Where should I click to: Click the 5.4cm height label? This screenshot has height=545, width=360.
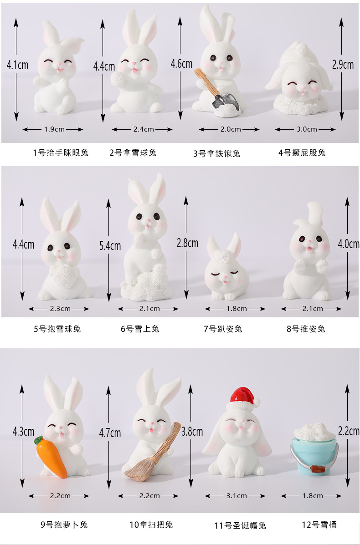(x=110, y=246)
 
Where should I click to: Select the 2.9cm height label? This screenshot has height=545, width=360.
(x=343, y=65)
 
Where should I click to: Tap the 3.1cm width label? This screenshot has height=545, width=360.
(x=236, y=496)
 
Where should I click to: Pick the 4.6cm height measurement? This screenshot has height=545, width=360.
(x=181, y=64)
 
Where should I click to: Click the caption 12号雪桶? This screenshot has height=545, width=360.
(x=319, y=525)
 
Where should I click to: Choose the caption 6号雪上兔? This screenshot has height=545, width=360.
(x=140, y=329)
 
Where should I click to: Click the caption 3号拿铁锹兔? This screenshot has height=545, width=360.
(x=216, y=153)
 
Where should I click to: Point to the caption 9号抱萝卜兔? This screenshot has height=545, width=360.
(x=64, y=525)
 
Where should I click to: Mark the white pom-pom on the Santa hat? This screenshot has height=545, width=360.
(x=256, y=402)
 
